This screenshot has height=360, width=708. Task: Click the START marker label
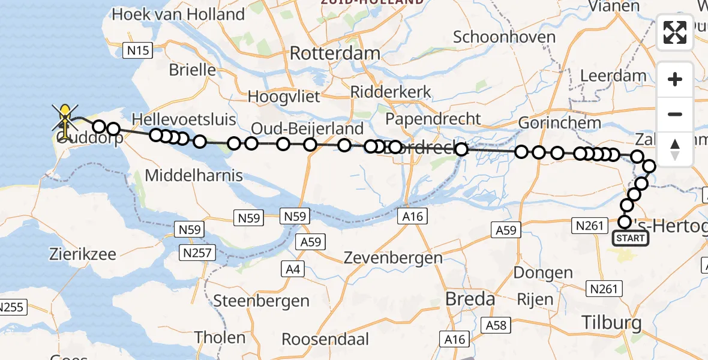(630, 238)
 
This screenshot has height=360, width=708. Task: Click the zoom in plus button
(675, 79)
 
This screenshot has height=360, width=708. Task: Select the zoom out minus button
(675, 114)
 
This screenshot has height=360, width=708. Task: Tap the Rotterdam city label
(335, 53)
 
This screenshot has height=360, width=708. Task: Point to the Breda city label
(470, 299)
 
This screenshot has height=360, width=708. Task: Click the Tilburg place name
(611, 323)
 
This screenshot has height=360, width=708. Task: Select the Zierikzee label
(83, 253)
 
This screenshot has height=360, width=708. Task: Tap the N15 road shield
(137, 51)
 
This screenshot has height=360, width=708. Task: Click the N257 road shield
(196, 253)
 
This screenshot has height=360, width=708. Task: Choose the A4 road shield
(293, 269)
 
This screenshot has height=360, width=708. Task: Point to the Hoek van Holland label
(178, 14)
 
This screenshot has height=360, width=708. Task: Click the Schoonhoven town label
(504, 37)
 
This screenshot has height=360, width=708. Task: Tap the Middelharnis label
(194, 175)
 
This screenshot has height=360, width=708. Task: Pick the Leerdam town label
(614, 76)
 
